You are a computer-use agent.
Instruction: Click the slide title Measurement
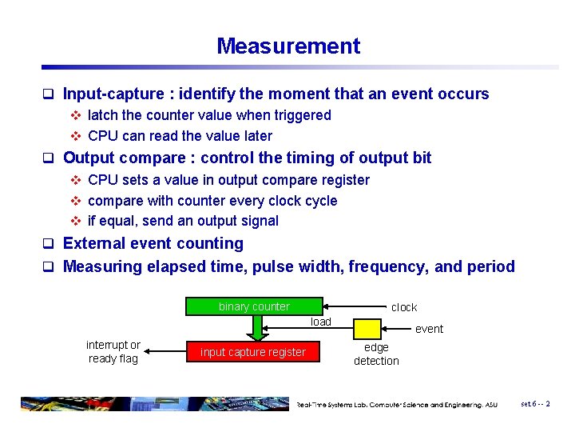tap(288, 46)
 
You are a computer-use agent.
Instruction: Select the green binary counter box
tap(254, 306)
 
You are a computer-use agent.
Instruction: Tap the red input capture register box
tap(253, 352)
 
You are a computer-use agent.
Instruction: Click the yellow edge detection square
tap(367, 329)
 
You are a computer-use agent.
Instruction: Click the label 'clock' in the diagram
tap(404, 307)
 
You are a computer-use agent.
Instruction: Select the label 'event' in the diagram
tap(429, 329)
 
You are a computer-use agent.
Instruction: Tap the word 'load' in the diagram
tap(320, 322)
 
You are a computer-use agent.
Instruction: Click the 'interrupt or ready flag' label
tap(113, 352)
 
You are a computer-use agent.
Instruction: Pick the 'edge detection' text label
tap(376, 354)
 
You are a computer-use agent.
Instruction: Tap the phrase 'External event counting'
tap(153, 243)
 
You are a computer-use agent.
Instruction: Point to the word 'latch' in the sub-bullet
tap(102, 115)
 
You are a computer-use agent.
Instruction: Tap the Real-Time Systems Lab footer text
tap(397, 405)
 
